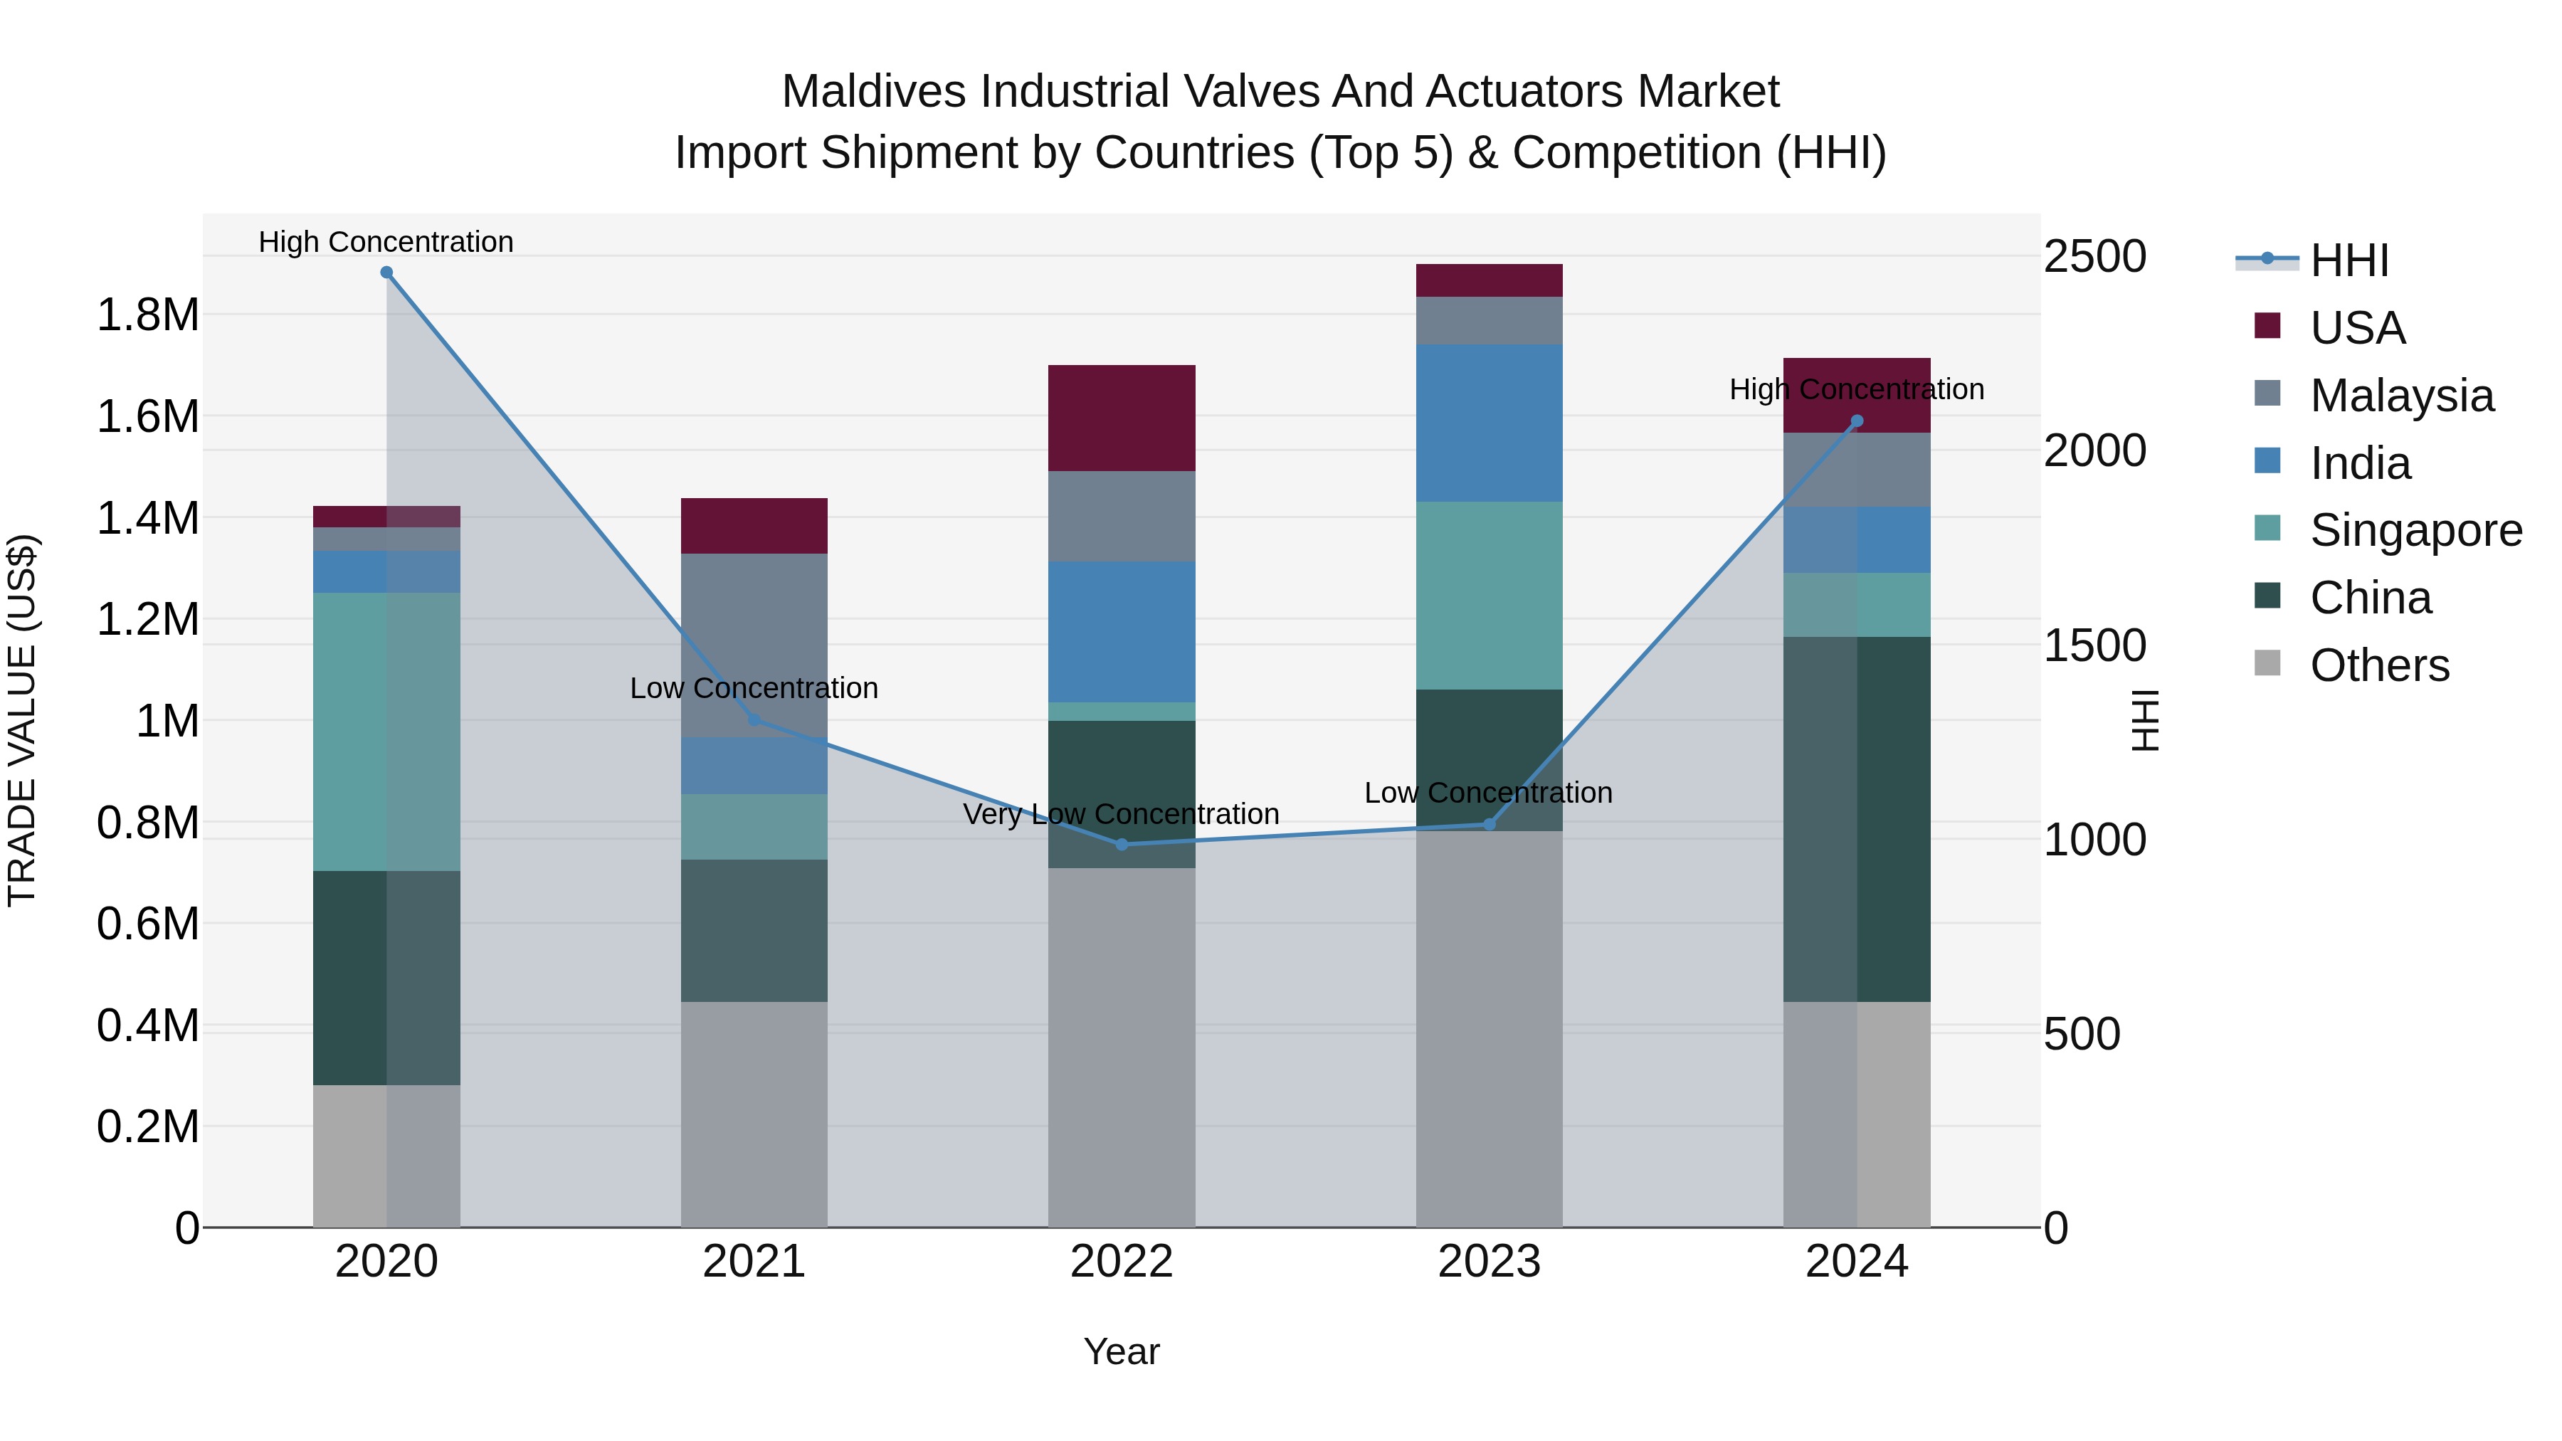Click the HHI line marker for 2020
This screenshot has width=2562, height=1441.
point(387,273)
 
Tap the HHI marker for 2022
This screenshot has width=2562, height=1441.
point(1122,844)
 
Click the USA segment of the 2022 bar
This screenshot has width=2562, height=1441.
point(1122,418)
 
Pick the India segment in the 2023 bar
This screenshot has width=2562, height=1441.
point(1489,423)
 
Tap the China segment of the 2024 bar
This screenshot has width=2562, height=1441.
point(1857,818)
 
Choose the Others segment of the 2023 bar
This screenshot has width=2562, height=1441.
point(1489,1029)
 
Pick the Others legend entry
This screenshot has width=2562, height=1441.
point(2379,665)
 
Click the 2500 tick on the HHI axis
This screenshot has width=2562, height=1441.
point(2094,257)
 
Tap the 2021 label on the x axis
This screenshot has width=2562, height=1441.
point(754,1262)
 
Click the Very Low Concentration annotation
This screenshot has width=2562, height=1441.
point(1121,815)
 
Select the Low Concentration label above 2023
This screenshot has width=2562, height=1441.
point(1488,793)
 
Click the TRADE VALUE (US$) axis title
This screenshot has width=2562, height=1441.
point(23,720)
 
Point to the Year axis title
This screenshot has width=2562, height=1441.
point(1121,1351)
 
